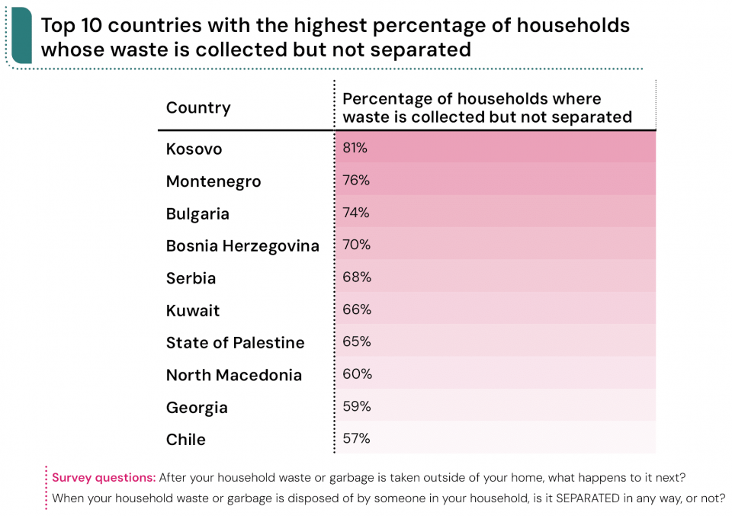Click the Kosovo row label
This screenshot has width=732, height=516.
(x=194, y=149)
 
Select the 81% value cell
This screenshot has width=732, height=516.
(x=355, y=148)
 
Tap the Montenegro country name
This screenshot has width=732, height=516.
(x=213, y=181)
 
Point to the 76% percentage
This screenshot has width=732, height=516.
(x=355, y=181)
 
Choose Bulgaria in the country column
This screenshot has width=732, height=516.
(x=197, y=214)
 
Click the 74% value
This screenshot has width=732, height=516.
(x=355, y=213)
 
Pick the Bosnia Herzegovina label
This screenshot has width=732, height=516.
(x=242, y=246)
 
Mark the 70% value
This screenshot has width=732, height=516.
(x=356, y=245)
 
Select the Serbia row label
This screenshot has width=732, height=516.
(x=191, y=278)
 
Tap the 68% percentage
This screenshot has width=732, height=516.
(x=356, y=277)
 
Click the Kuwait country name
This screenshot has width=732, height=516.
(x=193, y=311)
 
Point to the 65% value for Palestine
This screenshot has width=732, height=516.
(x=356, y=341)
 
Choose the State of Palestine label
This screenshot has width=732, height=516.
(x=235, y=343)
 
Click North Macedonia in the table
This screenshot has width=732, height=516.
(x=234, y=375)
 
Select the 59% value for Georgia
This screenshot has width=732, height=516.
(x=356, y=406)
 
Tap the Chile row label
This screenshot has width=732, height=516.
(x=185, y=440)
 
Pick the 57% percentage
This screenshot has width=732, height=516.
(x=356, y=438)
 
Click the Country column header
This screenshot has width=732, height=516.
(x=198, y=107)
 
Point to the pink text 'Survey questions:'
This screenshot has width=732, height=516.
(x=104, y=478)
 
